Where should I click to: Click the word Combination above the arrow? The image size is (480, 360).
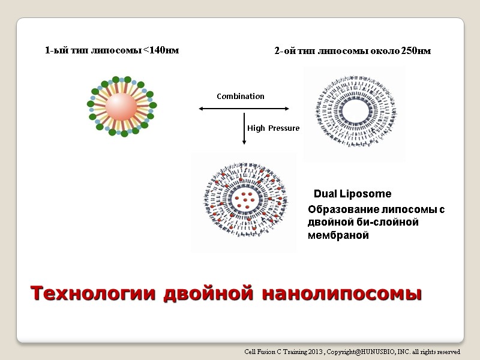tap(240, 97)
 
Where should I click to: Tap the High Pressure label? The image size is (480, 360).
tap(273, 128)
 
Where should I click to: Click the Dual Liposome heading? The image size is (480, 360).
tap(352, 194)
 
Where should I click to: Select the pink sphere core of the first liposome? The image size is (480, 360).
tap(122, 106)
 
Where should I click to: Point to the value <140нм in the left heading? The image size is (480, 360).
tap(161, 50)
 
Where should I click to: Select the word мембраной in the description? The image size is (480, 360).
tap(338, 236)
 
